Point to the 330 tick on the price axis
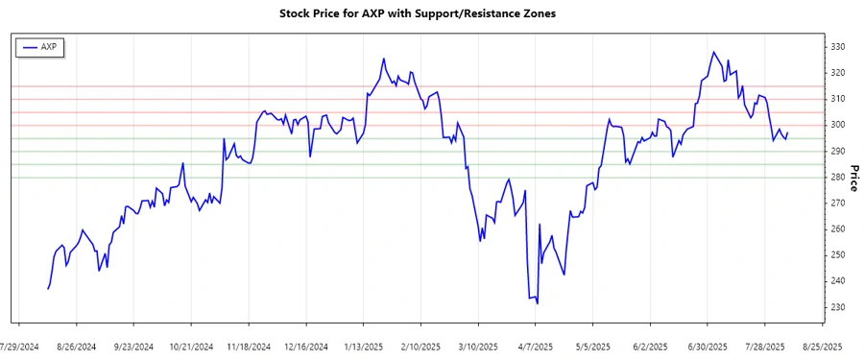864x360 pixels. pyautogui.click(x=836, y=47)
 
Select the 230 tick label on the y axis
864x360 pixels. pyautogui.click(x=836, y=307)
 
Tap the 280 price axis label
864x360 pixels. pyautogui.click(x=836, y=177)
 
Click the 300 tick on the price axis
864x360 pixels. pyautogui.click(x=836, y=125)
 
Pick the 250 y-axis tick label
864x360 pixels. pyautogui.click(x=836, y=255)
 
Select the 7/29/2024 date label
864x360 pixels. pyautogui.click(x=19, y=346)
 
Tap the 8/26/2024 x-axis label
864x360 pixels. pyautogui.click(x=77, y=346)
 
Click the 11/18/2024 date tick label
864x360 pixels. pyautogui.click(x=249, y=346)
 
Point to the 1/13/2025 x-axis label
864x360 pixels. pyautogui.click(x=364, y=346)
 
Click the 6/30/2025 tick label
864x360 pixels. pyautogui.click(x=708, y=346)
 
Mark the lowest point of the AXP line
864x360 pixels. pyautogui.click(x=538, y=304)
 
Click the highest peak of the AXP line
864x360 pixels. pyautogui.click(x=713, y=52)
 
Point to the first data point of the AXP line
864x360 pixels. pyautogui.click(x=48, y=289)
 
